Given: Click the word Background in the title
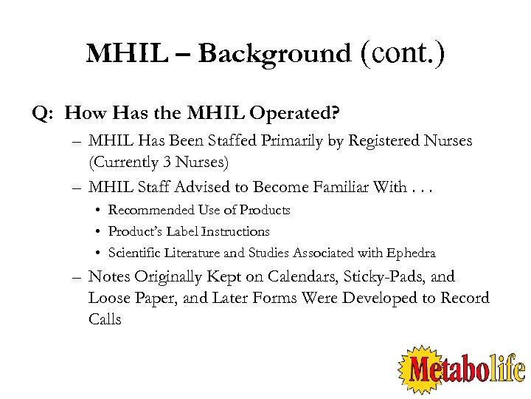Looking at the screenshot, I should click(274, 54).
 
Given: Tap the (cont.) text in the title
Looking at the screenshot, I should click(403, 53).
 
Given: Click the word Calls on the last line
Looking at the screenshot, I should click(105, 319).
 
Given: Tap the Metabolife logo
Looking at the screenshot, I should click(462, 367).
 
